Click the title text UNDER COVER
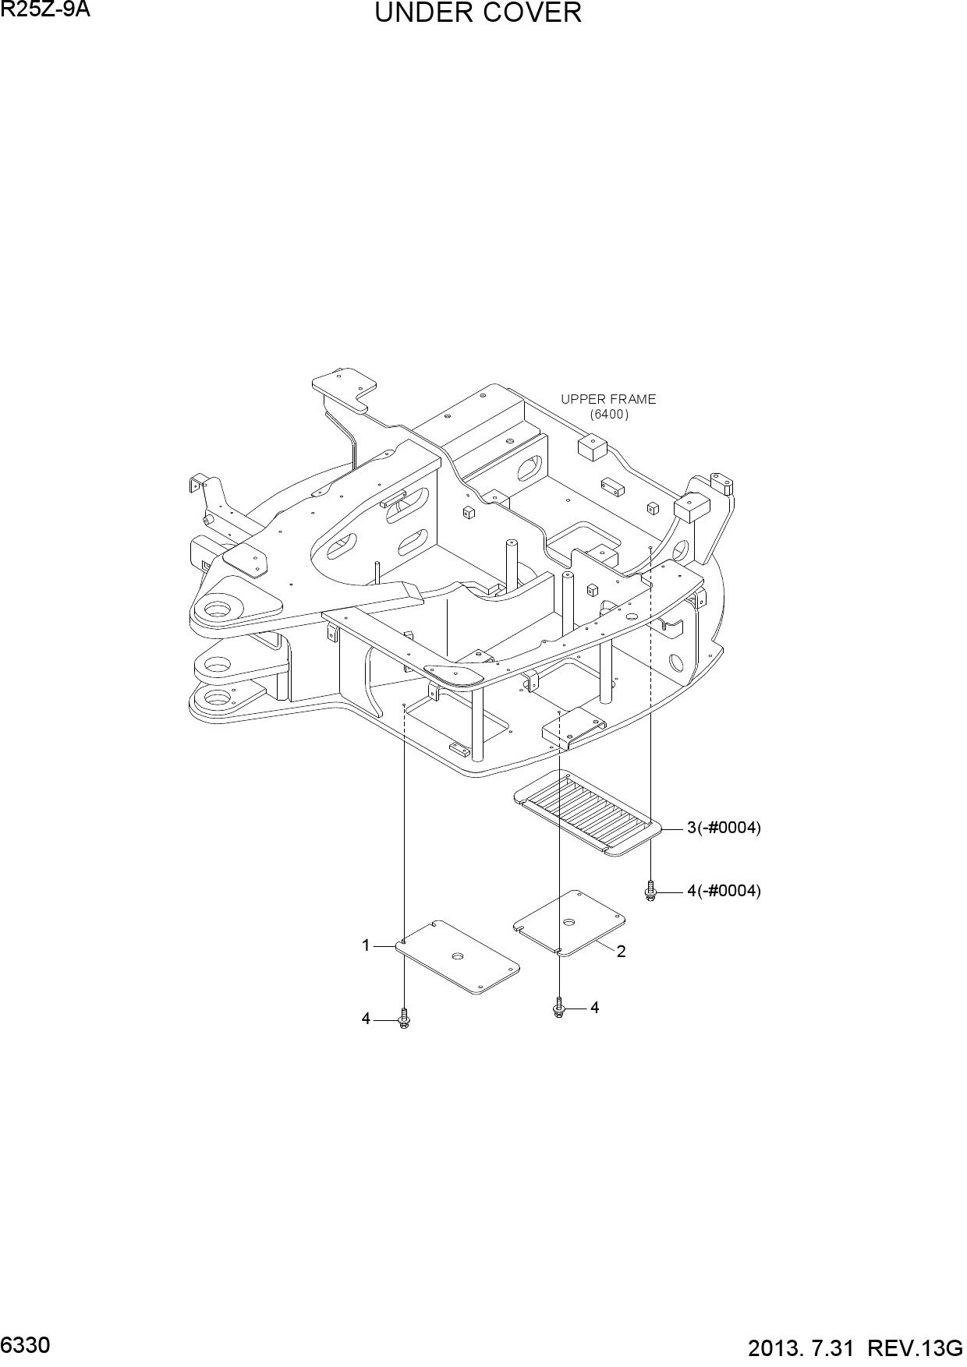point(478,13)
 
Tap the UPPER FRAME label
point(608,399)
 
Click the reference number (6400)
point(609,415)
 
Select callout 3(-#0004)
point(724,828)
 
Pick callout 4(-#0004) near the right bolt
point(724,891)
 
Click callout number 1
point(365,945)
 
